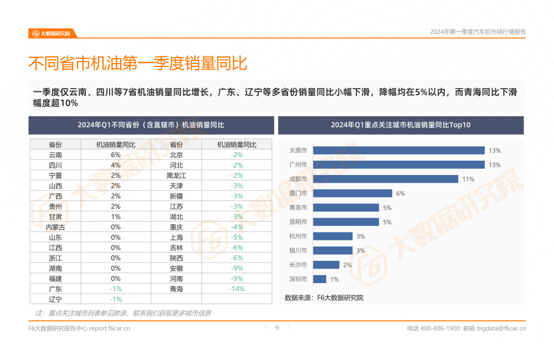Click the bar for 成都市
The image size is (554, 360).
386,179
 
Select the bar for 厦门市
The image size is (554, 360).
352,193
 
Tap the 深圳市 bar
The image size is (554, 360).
320,279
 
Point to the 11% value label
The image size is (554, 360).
468,179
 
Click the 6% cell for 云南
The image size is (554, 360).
116,155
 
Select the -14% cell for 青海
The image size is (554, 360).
237,289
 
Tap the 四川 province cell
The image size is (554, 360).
55,165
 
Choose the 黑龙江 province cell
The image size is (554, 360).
176,176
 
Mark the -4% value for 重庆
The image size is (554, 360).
237,227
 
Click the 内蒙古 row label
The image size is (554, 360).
55,227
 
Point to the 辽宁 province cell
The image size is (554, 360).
55,299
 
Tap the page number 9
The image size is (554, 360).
277,328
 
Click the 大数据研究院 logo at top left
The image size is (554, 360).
51,33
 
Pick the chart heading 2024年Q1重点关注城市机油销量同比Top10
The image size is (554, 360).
401,125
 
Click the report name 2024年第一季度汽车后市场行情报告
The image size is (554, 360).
478,32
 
